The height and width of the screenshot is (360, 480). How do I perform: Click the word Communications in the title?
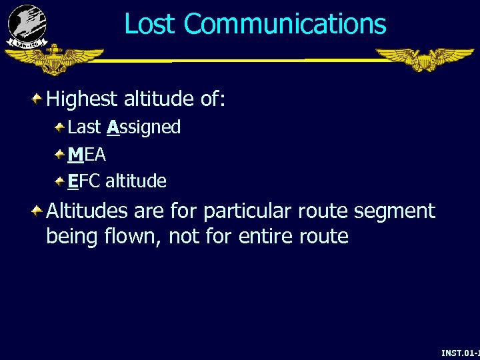pos(285,24)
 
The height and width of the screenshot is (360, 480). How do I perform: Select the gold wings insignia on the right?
pos(424,59)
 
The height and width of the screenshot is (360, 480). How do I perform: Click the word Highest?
pos(82,100)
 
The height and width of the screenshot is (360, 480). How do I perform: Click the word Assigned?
pos(143,127)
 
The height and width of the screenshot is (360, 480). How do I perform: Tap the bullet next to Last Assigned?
pos(59,127)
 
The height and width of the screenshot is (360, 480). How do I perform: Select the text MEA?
pos(87,155)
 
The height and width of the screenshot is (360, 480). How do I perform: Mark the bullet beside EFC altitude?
pos(59,181)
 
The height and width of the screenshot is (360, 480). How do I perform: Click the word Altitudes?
pos(87,211)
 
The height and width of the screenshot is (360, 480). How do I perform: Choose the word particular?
pos(247,213)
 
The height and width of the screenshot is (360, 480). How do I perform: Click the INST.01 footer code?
pos(460,351)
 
